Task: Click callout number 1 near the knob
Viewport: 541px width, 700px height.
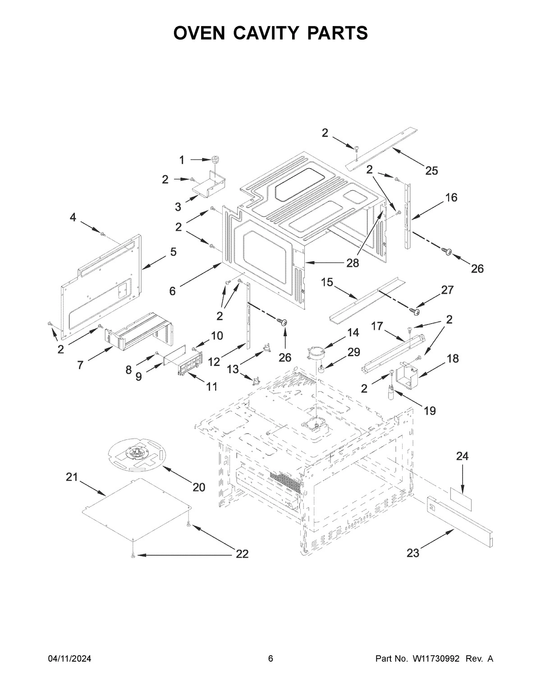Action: click(x=182, y=160)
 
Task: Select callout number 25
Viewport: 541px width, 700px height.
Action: click(x=431, y=170)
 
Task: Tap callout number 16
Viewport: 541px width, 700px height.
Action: click(x=451, y=197)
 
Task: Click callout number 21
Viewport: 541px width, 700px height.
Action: click(x=72, y=477)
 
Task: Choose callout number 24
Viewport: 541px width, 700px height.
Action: click(x=462, y=457)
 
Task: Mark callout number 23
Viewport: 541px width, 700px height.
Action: click(x=413, y=553)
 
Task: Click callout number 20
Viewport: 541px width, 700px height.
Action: click(x=199, y=487)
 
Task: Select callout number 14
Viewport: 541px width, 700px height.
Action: click(x=353, y=333)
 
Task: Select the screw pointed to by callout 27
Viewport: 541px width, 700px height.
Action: click(x=414, y=310)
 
